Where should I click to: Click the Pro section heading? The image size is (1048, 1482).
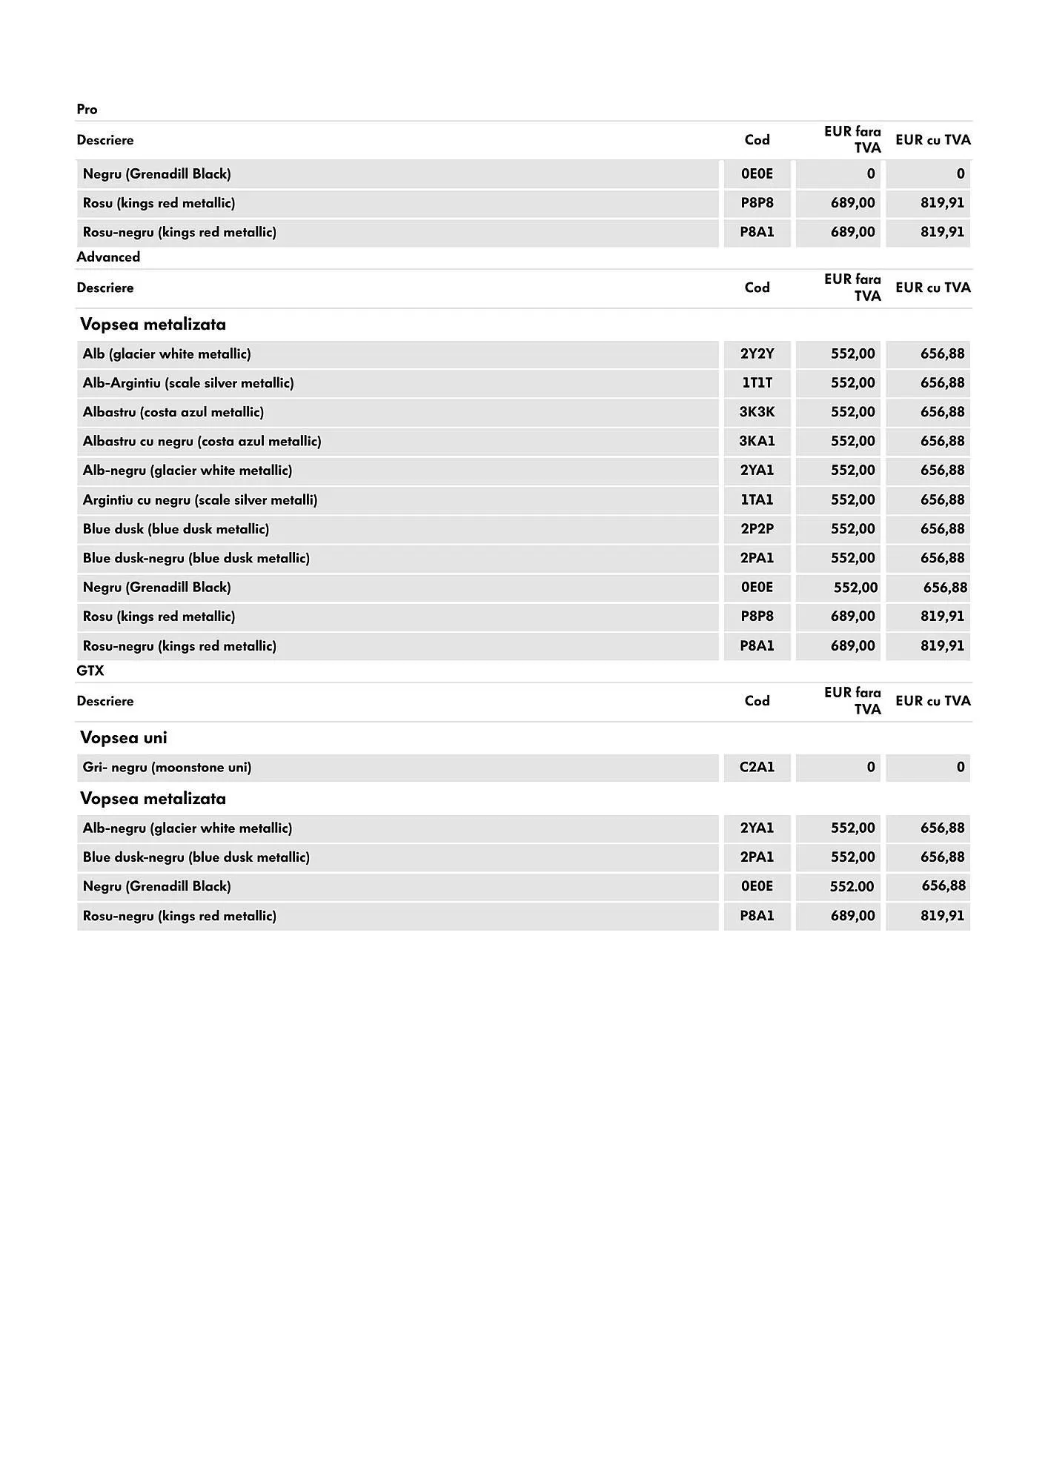tap(87, 110)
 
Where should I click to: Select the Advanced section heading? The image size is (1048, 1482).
tap(108, 257)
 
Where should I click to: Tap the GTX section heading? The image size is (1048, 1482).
tap(90, 671)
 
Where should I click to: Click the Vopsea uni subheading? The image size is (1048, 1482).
tap(124, 737)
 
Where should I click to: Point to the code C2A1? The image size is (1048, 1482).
tap(757, 767)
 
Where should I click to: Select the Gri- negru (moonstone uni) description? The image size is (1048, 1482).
tap(167, 767)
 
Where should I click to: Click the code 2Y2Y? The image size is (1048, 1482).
tap(757, 353)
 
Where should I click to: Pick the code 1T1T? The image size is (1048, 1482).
tap(757, 383)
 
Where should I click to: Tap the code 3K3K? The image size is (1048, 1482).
tap(757, 412)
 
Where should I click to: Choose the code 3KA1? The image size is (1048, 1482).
tap(757, 441)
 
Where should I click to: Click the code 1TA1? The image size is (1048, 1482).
tap(757, 499)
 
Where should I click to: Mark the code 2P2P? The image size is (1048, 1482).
tap(757, 528)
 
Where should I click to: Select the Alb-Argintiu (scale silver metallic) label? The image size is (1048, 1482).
tap(188, 383)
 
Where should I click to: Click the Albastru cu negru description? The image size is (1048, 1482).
tap(202, 441)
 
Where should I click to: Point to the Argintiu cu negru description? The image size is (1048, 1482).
tap(200, 499)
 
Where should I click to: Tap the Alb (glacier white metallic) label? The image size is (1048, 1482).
tap(167, 353)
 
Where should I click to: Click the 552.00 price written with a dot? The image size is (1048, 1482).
tap(852, 886)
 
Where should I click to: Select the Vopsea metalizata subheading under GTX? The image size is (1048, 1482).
tap(153, 798)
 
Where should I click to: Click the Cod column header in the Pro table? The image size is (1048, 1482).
tap(757, 140)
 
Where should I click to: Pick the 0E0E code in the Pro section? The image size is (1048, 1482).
tap(757, 174)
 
